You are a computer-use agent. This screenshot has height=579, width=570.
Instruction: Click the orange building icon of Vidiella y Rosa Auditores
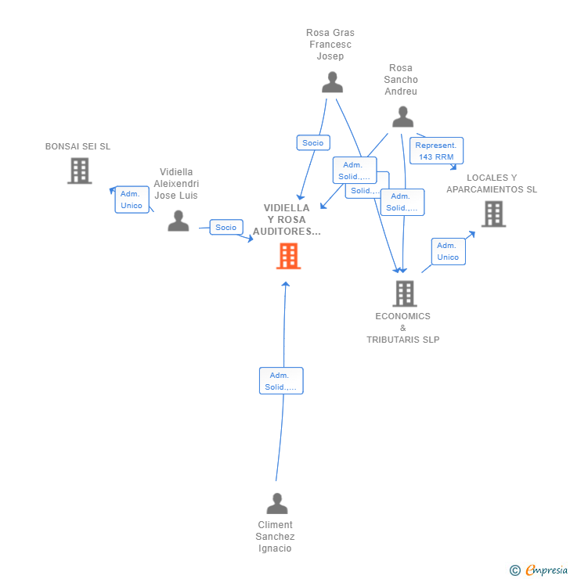point(288,256)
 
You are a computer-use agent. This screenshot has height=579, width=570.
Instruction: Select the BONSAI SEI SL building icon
point(79,171)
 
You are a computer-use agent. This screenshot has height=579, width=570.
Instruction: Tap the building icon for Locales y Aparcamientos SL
point(492,214)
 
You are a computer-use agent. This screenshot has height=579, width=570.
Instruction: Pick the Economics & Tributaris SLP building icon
point(404,293)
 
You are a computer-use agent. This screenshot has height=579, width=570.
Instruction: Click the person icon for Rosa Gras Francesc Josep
point(332,82)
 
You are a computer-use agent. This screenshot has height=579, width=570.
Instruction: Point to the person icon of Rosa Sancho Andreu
point(402,117)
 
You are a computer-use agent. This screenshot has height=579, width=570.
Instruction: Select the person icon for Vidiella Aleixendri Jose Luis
point(179,221)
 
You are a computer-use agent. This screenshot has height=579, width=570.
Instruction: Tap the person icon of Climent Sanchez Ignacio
point(276,503)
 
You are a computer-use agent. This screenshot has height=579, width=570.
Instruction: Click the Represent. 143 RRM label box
point(436,151)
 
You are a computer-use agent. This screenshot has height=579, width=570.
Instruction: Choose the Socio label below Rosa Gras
point(313,143)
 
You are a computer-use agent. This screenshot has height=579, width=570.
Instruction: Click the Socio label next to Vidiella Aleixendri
point(225,228)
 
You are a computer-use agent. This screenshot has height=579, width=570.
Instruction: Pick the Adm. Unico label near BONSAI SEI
point(132,200)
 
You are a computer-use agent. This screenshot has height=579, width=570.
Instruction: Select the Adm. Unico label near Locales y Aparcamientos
point(448,251)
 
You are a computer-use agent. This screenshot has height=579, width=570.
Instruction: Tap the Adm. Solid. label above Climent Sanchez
point(280,381)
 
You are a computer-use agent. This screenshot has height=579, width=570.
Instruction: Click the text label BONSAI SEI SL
point(78,146)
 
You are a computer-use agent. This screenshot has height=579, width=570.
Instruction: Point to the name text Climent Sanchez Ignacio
point(275,537)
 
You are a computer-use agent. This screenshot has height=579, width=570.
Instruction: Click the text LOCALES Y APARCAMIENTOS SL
point(492,183)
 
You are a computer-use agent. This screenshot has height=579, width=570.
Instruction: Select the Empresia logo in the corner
point(539,570)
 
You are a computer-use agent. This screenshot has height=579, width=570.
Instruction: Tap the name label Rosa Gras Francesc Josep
point(330,45)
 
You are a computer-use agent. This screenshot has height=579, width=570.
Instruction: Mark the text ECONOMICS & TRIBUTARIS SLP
point(402,328)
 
